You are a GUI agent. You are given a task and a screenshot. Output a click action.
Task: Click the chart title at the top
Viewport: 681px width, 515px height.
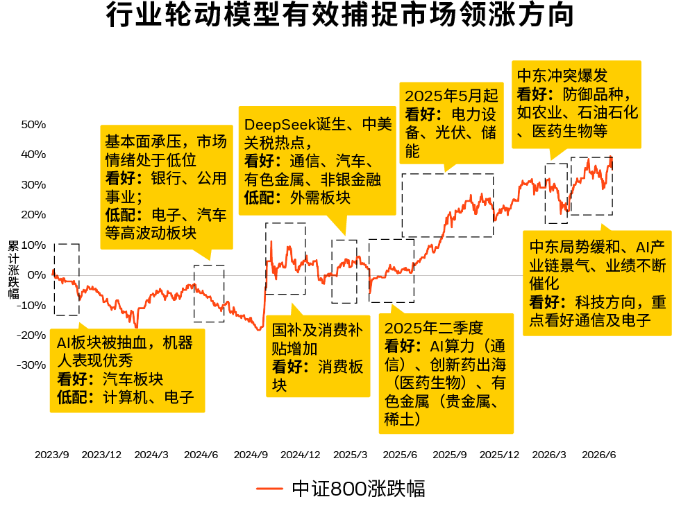click(340, 15)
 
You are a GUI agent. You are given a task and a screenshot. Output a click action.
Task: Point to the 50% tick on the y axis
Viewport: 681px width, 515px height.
click(33, 125)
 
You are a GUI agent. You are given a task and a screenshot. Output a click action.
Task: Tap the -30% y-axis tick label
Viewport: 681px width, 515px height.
click(31, 365)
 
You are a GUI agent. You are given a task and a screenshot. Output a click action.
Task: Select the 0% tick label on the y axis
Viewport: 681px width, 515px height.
click(37, 275)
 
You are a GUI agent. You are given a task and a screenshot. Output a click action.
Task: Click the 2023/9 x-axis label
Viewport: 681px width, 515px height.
click(51, 455)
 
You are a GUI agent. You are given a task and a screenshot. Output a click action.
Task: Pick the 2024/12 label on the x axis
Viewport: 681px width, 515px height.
click(300, 455)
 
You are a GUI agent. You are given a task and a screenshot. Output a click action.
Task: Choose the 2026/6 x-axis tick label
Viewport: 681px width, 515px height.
click(599, 455)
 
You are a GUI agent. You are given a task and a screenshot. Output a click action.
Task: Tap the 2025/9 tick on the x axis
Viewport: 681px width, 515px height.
click(450, 455)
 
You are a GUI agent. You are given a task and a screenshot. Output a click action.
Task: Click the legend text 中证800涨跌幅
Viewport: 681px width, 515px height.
click(358, 489)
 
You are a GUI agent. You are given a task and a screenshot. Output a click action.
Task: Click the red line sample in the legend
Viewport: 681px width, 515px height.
click(270, 489)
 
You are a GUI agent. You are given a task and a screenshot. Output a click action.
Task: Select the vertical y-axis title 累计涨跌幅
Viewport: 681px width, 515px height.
click(13, 270)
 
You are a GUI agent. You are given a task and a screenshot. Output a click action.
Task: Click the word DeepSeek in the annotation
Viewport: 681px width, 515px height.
click(280, 125)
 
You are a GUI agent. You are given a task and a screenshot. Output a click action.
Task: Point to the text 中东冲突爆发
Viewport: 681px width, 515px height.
click(562, 76)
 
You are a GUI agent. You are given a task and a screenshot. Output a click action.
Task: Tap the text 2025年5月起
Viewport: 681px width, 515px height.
click(451, 96)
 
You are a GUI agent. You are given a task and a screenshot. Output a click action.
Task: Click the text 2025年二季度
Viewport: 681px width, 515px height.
click(433, 328)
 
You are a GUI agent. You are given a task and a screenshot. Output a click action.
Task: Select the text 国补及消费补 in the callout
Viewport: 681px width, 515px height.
click(317, 331)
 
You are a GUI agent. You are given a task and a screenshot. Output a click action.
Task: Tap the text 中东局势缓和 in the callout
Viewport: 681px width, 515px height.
click(575, 247)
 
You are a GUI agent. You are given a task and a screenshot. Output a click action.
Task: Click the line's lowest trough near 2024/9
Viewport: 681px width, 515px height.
click(260, 329)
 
